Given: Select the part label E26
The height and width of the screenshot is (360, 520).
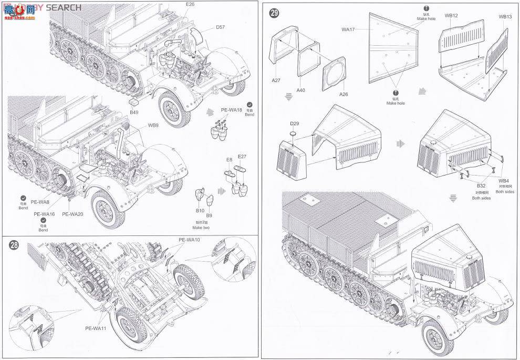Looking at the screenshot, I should pyautogui.click(x=190, y=4).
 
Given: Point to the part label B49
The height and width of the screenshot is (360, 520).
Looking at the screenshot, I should pyautogui.click(x=134, y=112).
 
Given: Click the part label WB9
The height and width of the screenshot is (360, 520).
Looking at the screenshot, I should pyautogui.click(x=153, y=126).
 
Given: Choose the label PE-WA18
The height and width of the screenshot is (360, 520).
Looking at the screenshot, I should pyautogui.click(x=231, y=110).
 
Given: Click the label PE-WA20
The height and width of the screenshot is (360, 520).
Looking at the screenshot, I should pyautogui.click(x=72, y=214).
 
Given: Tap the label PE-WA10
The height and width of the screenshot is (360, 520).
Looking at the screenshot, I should pyautogui.click(x=189, y=240).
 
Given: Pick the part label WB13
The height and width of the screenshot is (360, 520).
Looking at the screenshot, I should pyautogui.click(x=505, y=17).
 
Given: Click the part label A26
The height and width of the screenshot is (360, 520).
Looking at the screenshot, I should pyautogui.click(x=344, y=95).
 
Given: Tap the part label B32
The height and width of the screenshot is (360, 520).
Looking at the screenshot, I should pyautogui.click(x=481, y=186).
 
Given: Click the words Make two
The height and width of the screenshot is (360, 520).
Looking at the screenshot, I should pyautogui.click(x=201, y=227).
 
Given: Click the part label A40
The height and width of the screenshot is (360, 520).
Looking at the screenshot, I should pyautogui.click(x=301, y=90).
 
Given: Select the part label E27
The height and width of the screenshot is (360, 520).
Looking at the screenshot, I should pyautogui.click(x=242, y=157).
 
